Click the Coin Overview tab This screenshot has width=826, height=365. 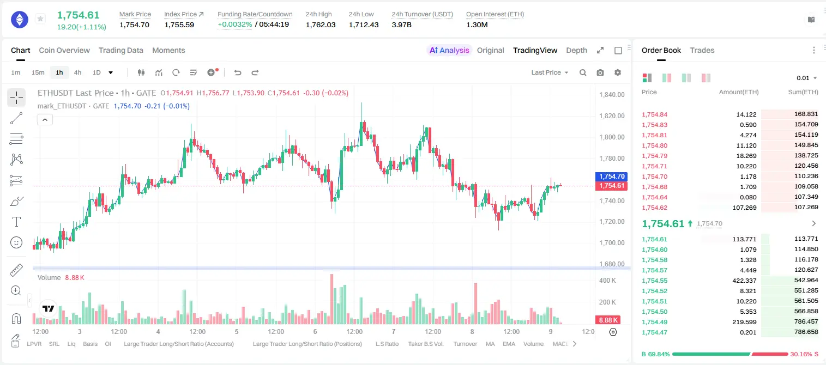click(x=64, y=50)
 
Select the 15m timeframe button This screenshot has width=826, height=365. click(x=38, y=72)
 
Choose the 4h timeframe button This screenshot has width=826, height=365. click(x=77, y=72)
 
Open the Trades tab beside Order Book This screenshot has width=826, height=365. click(x=702, y=50)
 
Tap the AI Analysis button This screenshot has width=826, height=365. click(x=449, y=50)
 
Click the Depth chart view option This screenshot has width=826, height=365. click(x=576, y=50)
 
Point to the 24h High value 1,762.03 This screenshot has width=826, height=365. click(x=321, y=25)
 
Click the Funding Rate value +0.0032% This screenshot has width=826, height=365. click(x=234, y=25)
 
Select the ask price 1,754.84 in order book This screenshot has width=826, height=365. click(x=654, y=114)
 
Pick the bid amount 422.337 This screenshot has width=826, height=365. click(x=744, y=281)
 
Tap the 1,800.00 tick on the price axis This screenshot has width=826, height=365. click(x=612, y=137)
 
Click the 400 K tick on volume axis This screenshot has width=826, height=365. click(x=607, y=281)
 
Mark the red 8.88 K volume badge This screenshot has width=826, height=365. click(x=608, y=320)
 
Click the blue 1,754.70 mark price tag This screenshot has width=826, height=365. click(x=611, y=177)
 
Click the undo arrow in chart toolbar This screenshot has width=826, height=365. click(x=238, y=72)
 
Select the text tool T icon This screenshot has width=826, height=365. click(x=16, y=222)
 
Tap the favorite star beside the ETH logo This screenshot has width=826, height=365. click(x=40, y=19)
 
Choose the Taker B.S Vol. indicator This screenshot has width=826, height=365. click(x=425, y=344)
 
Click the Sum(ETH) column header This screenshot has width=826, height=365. click(x=803, y=92)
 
